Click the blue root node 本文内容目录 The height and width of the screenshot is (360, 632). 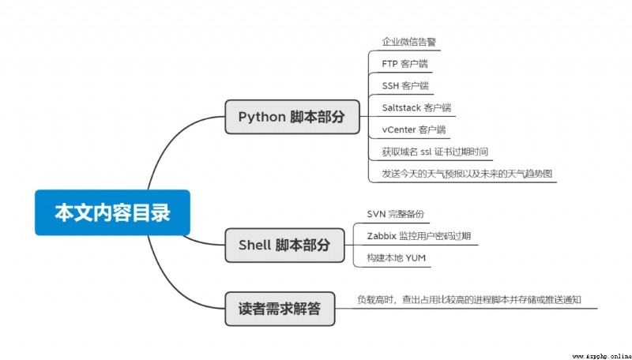(112, 212)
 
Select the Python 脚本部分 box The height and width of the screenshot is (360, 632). (292, 117)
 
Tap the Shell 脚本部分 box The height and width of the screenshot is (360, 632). (284, 246)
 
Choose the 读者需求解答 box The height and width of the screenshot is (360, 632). (280, 309)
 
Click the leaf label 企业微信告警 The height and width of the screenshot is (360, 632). (409, 42)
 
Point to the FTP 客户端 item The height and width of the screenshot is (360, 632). (404, 64)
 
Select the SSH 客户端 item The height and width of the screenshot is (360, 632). (405, 86)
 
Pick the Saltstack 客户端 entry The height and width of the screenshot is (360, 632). (416, 107)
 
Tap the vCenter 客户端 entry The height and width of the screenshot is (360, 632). (414, 129)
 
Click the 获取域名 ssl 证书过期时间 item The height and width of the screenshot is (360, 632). (435, 152)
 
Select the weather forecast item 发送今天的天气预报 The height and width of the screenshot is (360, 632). (419, 174)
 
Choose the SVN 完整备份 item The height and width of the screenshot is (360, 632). (396, 214)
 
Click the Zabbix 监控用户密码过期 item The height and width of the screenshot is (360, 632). (419, 235)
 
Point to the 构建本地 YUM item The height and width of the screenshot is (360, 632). (397, 257)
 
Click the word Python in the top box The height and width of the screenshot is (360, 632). (262, 117)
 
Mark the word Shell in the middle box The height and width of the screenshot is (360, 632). (254, 245)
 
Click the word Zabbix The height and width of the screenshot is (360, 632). (382, 235)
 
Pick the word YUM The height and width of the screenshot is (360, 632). (416, 257)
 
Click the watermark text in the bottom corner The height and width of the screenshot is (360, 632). (601, 356)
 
